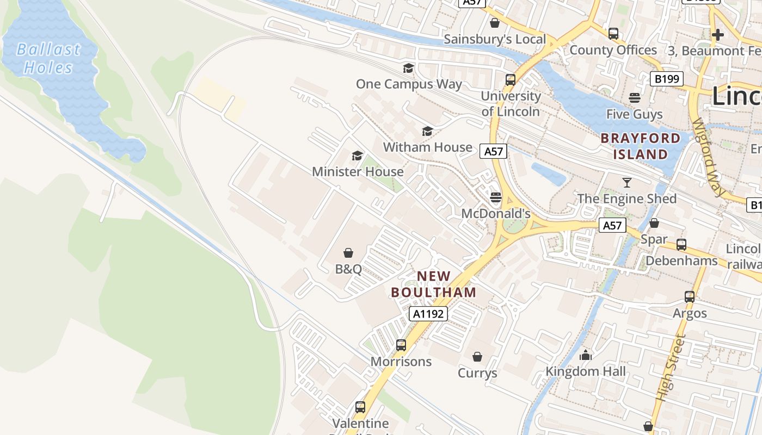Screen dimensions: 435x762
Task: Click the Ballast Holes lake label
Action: pyautogui.click(x=48, y=59)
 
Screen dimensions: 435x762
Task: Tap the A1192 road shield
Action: pyautogui.click(x=428, y=314)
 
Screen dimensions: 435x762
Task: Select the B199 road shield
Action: pyautogui.click(x=667, y=79)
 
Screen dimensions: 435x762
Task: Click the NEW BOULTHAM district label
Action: pyautogui.click(x=434, y=284)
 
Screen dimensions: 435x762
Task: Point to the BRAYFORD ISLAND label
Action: pyautogui.click(x=641, y=146)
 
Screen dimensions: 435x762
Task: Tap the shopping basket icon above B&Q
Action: pyautogui.click(x=348, y=253)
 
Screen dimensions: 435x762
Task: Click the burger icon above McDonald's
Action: pyautogui.click(x=495, y=197)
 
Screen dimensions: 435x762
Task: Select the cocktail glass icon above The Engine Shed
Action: pyautogui.click(x=627, y=182)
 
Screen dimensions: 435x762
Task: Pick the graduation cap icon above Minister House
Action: pyautogui.click(x=357, y=156)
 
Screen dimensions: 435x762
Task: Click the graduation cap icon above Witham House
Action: pyautogui.click(x=428, y=131)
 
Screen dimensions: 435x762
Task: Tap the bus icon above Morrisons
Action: pyautogui.click(x=401, y=345)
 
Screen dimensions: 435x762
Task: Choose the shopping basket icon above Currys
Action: pyautogui.click(x=477, y=357)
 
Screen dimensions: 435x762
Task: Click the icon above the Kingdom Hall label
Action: pyautogui.click(x=586, y=355)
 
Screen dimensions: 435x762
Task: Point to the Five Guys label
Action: pyautogui.click(x=635, y=114)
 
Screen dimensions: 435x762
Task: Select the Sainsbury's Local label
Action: pyautogui.click(x=495, y=39)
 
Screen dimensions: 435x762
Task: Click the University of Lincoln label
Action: pyautogui.click(x=511, y=104)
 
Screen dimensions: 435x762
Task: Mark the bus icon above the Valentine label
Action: pyautogui.click(x=360, y=407)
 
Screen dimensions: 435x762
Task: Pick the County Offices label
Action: pyautogui.click(x=613, y=50)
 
